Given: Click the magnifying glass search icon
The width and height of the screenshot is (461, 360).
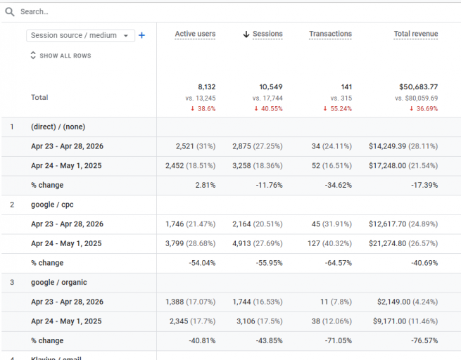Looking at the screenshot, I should pyautogui.click(x=10, y=12).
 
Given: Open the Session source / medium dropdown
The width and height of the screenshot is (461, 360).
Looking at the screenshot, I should pyautogui.click(x=80, y=35).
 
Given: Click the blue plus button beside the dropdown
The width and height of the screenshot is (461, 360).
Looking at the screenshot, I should pyautogui.click(x=141, y=35).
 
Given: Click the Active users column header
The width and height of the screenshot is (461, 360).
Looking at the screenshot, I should pyautogui.click(x=195, y=34).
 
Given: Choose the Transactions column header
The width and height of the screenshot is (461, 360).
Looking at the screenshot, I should pyautogui.click(x=330, y=34).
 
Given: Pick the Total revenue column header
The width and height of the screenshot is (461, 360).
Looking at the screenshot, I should pyautogui.click(x=415, y=34).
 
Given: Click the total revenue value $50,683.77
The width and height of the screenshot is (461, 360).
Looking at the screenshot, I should pyautogui.click(x=414, y=87).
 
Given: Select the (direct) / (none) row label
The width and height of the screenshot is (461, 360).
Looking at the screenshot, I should pyautogui.click(x=59, y=127).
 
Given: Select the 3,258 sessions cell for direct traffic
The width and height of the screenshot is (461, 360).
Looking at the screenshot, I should pyautogui.click(x=245, y=166).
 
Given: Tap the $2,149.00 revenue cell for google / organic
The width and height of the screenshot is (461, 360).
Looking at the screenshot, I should pyautogui.click(x=395, y=302).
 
